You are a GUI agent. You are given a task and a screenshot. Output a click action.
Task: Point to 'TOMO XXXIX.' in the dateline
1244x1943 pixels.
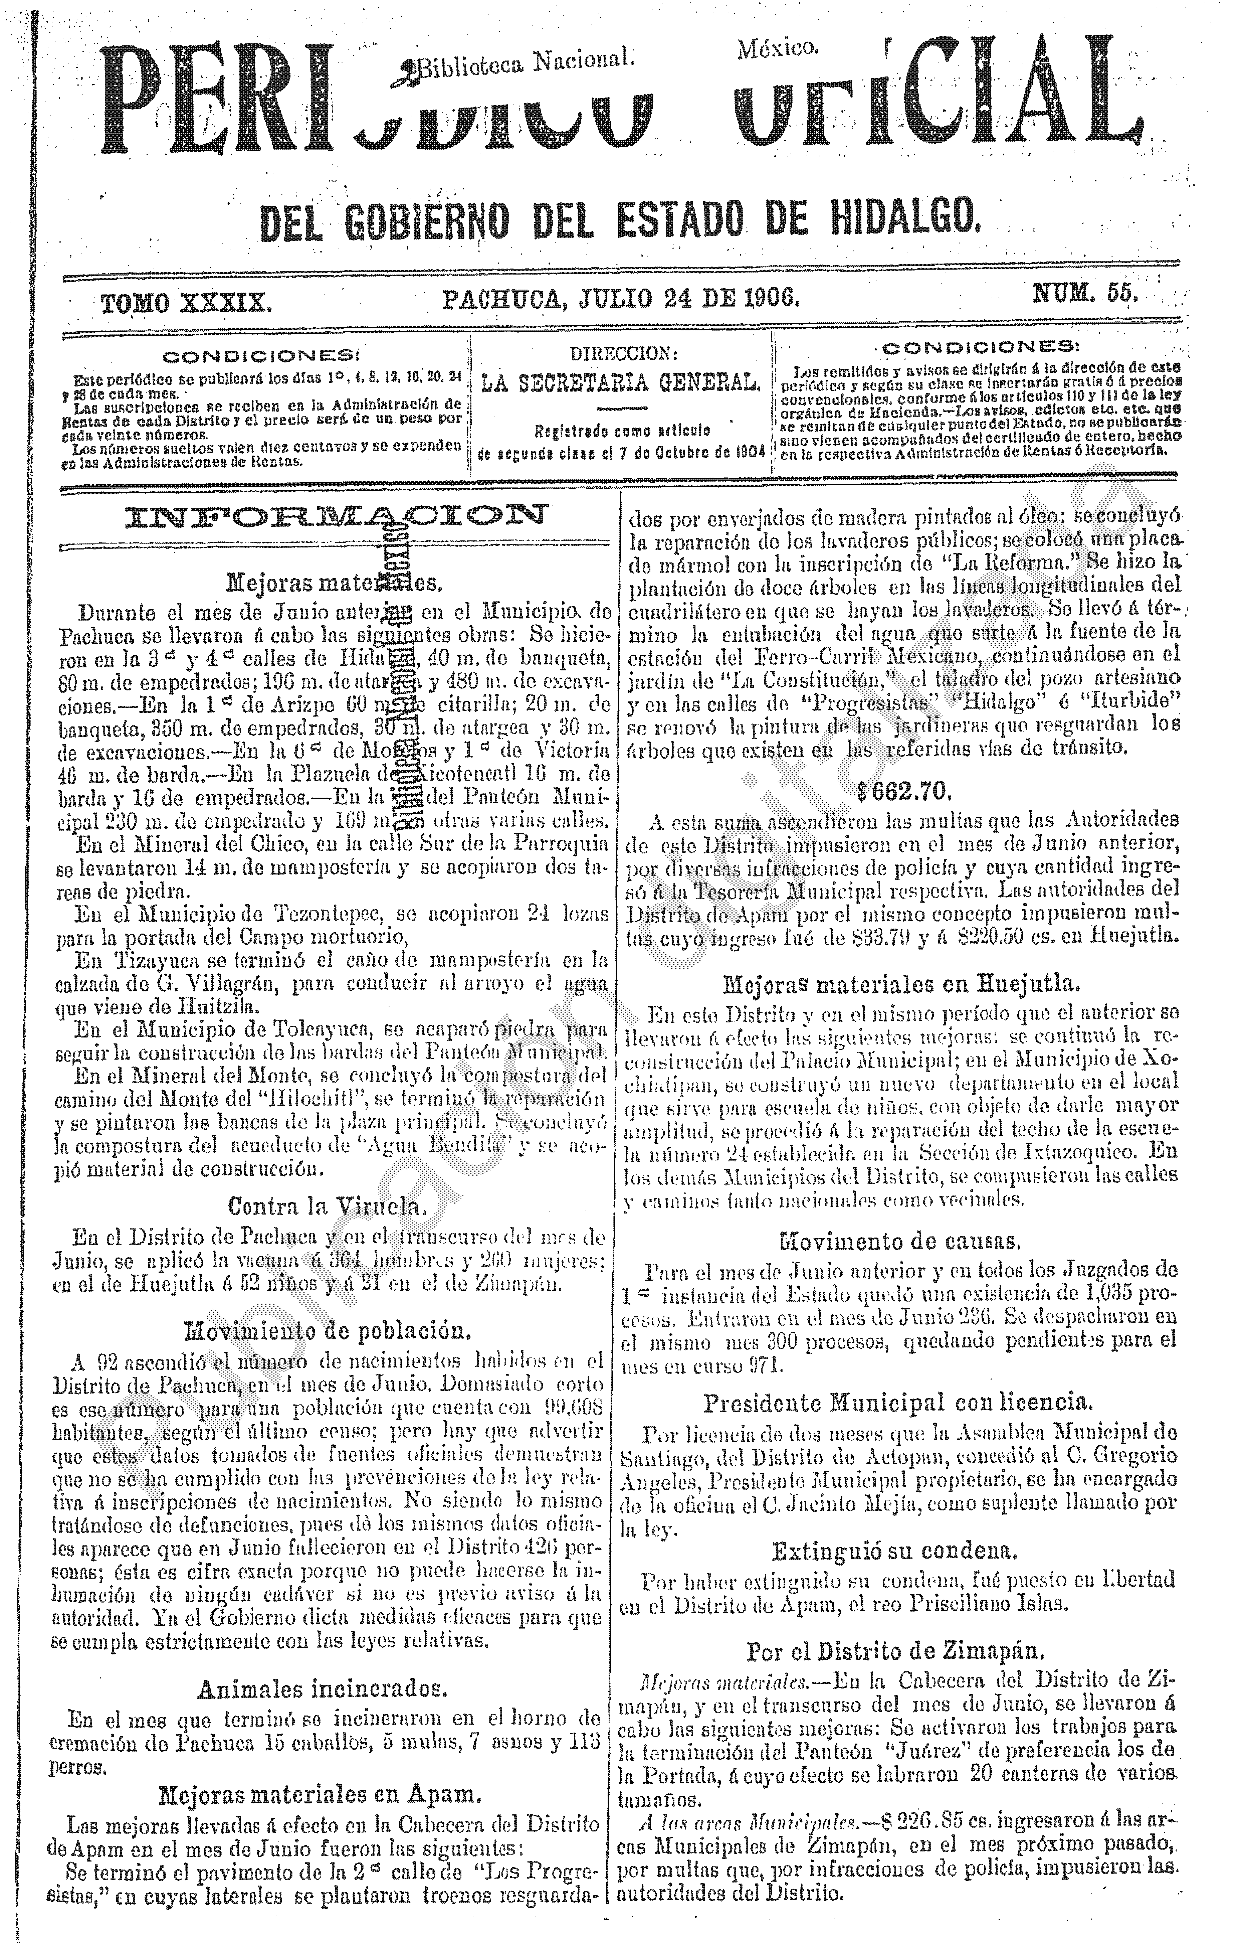(186, 304)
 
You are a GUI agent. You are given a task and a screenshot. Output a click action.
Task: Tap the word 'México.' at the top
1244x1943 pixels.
(777, 49)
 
